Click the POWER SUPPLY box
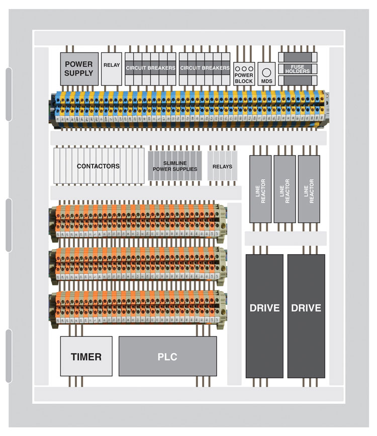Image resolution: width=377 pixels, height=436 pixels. pyautogui.click(x=79, y=69)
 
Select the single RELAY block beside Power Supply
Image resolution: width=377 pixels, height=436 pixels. pyautogui.click(x=111, y=69)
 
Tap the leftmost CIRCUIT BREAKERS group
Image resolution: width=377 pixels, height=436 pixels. pyautogui.click(x=150, y=68)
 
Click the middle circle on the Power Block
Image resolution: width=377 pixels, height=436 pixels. pyautogui.click(x=244, y=68)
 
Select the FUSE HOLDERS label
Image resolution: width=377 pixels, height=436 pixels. pyautogui.click(x=298, y=69)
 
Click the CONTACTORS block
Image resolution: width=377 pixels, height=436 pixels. pyautogui.click(x=99, y=166)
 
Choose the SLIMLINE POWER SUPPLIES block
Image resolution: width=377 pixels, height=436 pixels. pyautogui.click(x=174, y=166)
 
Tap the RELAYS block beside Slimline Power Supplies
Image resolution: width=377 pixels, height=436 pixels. pyautogui.click(x=222, y=166)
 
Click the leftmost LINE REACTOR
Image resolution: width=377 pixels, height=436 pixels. pyautogui.click(x=260, y=189)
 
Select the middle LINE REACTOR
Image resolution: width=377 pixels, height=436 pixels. pyautogui.click(x=285, y=189)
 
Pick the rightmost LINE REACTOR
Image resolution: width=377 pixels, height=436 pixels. pyautogui.click(x=309, y=189)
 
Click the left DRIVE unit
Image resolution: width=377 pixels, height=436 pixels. pyautogui.click(x=264, y=316)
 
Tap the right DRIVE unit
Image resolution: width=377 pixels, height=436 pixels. pyautogui.click(x=306, y=316)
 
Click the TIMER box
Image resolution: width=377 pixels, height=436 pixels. pyautogui.click(x=86, y=356)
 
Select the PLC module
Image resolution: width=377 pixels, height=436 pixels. pyautogui.click(x=167, y=356)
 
